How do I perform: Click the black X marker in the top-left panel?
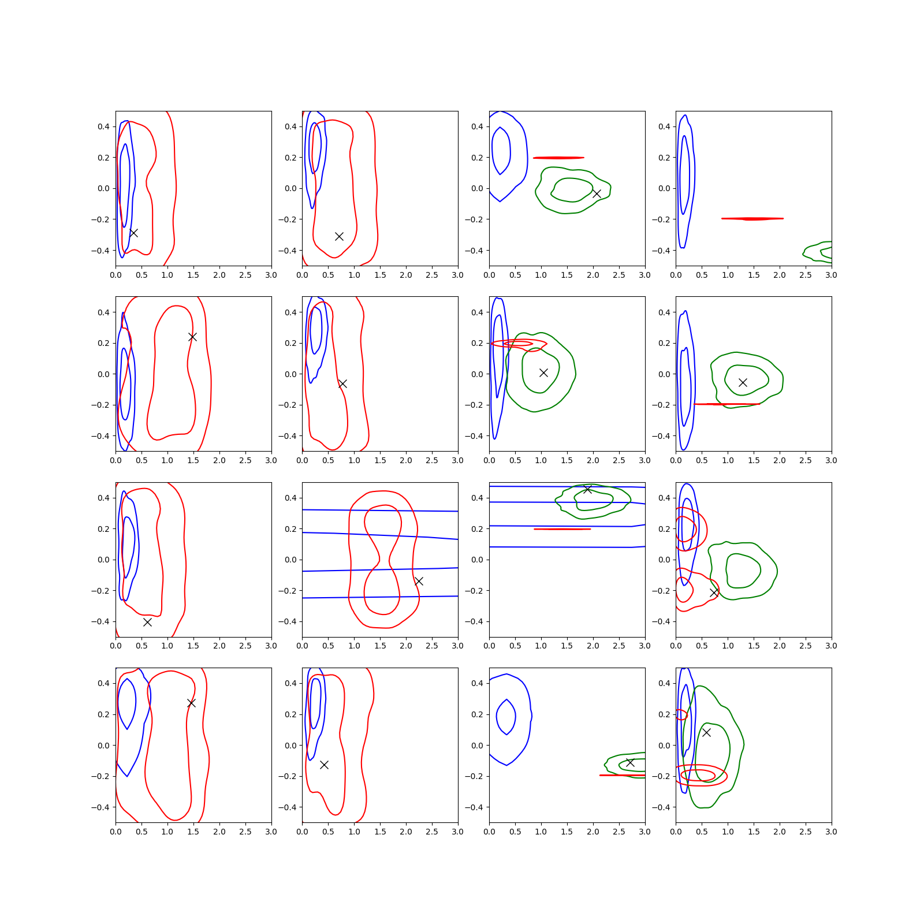coord(133,233)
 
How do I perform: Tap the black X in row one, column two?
coord(340,236)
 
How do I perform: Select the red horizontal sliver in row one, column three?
coord(558,158)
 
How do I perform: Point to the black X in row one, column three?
coord(597,193)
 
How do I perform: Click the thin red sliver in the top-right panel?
coord(752,219)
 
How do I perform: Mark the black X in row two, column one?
coord(192,337)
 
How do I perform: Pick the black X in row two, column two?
coord(342,383)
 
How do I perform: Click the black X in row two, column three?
coord(543,372)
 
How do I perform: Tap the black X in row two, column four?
coord(743,382)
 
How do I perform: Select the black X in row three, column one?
coord(147,622)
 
